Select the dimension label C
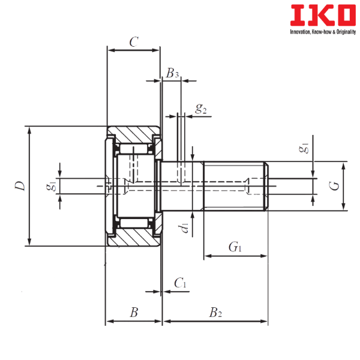click(134, 41)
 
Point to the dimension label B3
click(173, 73)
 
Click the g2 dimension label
click(201, 109)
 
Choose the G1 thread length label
click(236, 246)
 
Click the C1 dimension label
click(180, 282)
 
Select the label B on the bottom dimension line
click(134, 312)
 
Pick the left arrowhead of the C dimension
click(110, 50)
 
